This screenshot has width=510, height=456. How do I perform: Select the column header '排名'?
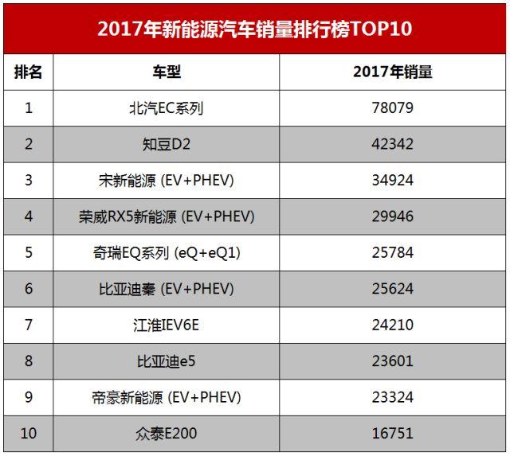pos(29,72)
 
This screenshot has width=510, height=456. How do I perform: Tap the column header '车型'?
pos(167,72)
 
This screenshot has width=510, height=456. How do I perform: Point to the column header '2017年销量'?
pos(393,72)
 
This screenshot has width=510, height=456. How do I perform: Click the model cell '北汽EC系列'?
pos(167,107)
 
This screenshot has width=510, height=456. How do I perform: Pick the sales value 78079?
pos(393,107)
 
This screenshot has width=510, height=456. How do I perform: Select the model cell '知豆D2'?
pos(167,144)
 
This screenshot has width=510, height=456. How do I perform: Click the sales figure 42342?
pos(393,144)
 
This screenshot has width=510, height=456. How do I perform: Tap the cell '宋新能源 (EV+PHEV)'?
pos(167,180)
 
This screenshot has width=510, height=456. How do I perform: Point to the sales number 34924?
pos(393,180)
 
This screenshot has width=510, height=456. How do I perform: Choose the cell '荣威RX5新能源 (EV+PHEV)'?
pos(167,216)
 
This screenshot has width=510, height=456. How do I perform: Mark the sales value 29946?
pos(393,216)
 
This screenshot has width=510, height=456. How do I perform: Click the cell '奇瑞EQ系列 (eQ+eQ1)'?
pos(167,253)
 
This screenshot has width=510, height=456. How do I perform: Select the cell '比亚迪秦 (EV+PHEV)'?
pos(167,289)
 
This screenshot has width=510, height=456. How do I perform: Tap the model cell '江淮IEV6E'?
pos(167,325)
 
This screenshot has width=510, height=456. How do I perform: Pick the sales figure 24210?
pos(393,325)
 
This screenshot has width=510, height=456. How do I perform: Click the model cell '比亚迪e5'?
pos(167,361)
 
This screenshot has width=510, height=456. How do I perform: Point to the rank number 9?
pos(29,397)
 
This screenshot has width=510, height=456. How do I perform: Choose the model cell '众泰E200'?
pos(167,434)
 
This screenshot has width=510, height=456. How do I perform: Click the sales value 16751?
pos(393,434)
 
